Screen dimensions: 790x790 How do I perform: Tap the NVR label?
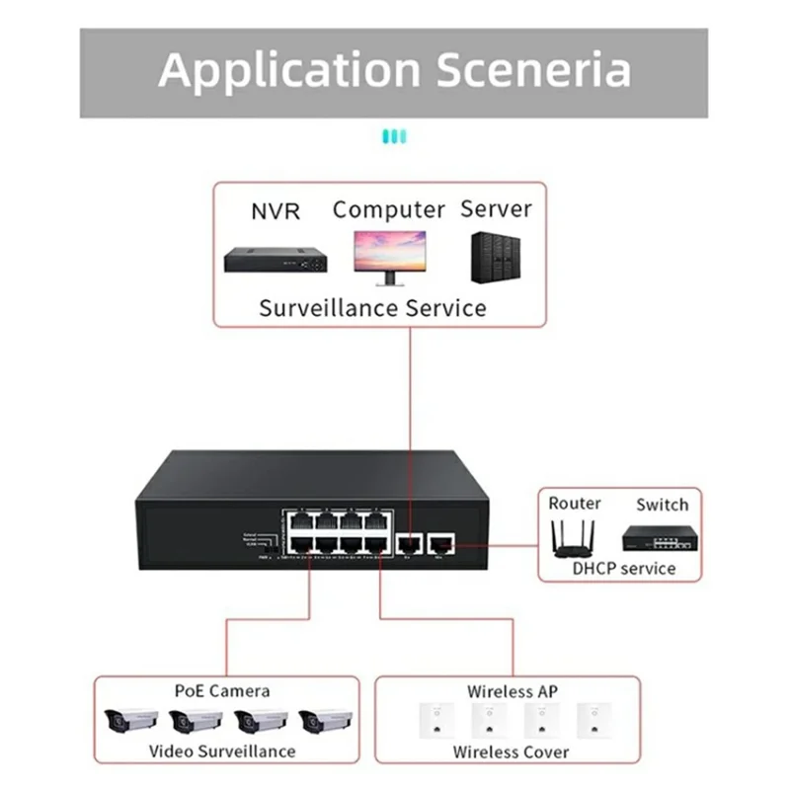276,211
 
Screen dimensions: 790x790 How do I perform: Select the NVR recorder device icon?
276,260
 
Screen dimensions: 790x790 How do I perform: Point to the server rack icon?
496,259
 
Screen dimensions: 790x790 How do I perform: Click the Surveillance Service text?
372,307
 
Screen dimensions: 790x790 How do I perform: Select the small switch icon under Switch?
660,537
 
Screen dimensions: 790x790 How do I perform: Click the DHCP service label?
624,568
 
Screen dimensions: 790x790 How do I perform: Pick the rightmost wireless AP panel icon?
592,720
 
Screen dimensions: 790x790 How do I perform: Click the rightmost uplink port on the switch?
442,541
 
